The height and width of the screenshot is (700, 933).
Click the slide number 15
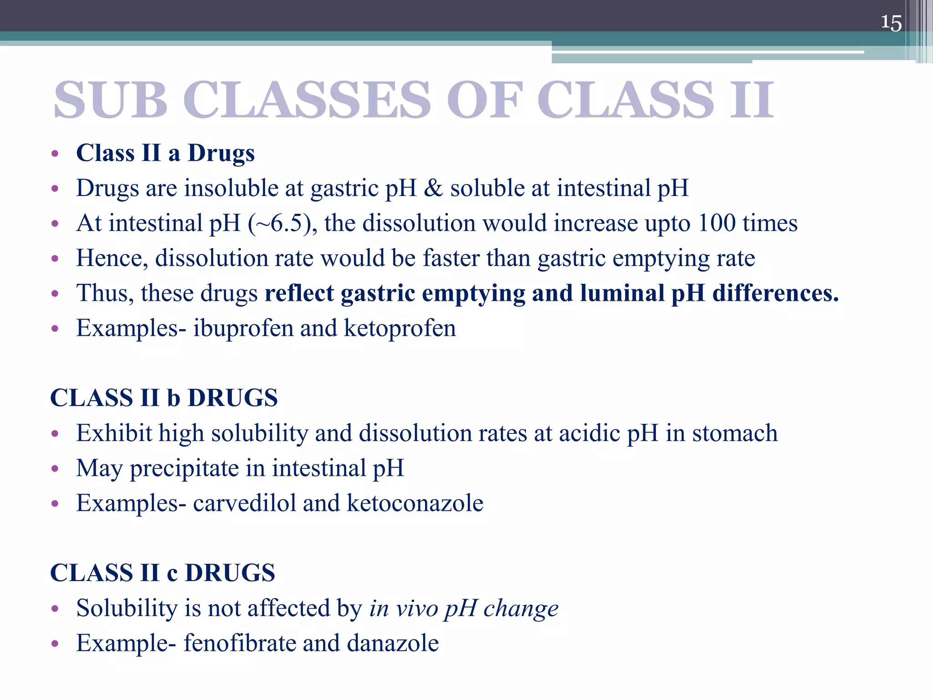coord(891,23)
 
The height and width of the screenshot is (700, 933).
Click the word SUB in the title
coord(111,100)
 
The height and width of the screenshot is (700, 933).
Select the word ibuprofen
coord(243,328)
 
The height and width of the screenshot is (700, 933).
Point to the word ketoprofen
coord(400,328)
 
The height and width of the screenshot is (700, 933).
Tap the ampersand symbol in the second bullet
coord(433,188)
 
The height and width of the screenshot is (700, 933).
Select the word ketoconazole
coord(415,503)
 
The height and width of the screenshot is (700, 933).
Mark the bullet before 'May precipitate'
coord(55,468)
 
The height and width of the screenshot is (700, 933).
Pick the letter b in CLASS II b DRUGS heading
coord(174,398)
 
